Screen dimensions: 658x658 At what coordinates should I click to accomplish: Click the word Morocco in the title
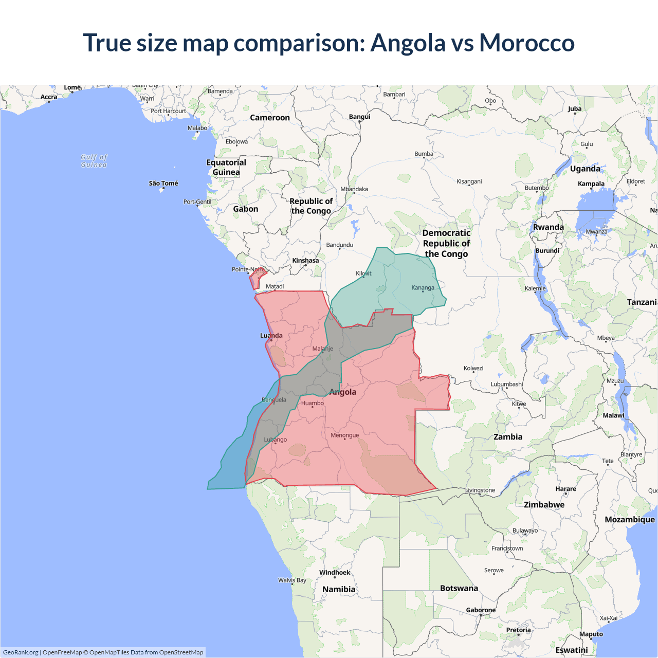(x=526, y=43)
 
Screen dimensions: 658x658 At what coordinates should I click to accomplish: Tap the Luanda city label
(x=271, y=336)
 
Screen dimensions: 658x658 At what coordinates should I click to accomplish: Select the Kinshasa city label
(x=305, y=261)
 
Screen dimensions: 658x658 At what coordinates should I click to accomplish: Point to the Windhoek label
(x=335, y=573)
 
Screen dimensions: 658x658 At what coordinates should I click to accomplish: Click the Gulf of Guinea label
(x=94, y=161)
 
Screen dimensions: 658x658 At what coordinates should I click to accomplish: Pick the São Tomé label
(x=163, y=184)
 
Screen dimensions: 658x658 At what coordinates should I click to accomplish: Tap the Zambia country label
(x=508, y=437)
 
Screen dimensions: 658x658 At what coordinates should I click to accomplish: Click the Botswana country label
(x=459, y=588)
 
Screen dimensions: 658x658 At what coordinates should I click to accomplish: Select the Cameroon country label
(x=270, y=118)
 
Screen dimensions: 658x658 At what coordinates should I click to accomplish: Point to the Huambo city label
(x=313, y=403)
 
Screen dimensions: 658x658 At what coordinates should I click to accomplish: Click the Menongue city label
(x=345, y=435)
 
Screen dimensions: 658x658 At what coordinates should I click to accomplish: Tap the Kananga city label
(x=423, y=288)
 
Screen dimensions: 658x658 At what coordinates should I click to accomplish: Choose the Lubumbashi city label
(x=507, y=385)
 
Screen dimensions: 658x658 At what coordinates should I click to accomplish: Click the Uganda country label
(x=585, y=169)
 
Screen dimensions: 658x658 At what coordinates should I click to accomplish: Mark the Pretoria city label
(x=518, y=630)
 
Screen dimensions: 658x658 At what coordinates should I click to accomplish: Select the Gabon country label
(x=246, y=209)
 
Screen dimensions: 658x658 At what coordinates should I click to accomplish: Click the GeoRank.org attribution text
(x=21, y=652)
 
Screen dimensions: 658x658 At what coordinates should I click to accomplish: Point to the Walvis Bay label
(x=292, y=580)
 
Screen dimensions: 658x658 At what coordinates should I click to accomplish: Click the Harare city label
(x=565, y=489)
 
